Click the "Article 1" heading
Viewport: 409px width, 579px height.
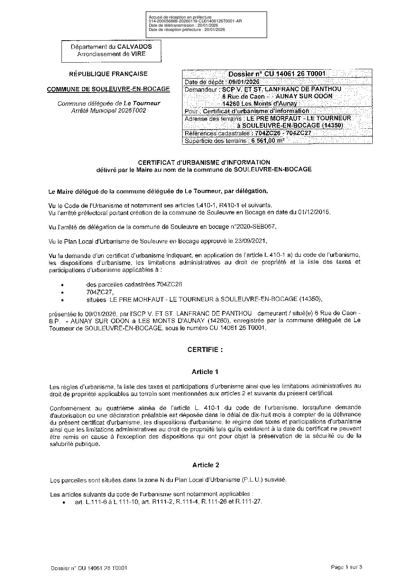pos(205,372)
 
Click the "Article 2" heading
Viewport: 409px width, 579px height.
pos(205,465)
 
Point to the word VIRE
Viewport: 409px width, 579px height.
pos(138,54)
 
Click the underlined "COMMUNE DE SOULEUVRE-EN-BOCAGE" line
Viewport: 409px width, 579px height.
pos(108,89)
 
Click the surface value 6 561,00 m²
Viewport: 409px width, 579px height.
pos(268,141)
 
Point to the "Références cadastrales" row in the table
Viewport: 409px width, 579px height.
pos(248,133)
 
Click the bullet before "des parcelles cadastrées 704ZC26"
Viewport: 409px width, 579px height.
pos(62,285)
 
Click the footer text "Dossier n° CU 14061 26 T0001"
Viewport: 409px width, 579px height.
pos(89,568)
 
